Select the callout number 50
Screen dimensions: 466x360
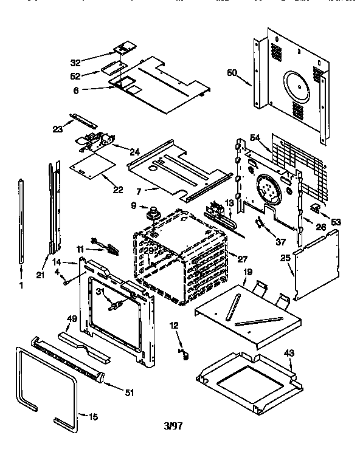click(232, 73)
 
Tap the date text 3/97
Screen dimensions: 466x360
click(172, 426)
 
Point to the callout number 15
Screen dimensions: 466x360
click(93, 417)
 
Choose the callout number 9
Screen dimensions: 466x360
click(134, 206)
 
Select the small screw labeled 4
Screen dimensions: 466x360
click(66, 281)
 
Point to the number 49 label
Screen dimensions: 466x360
click(71, 318)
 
